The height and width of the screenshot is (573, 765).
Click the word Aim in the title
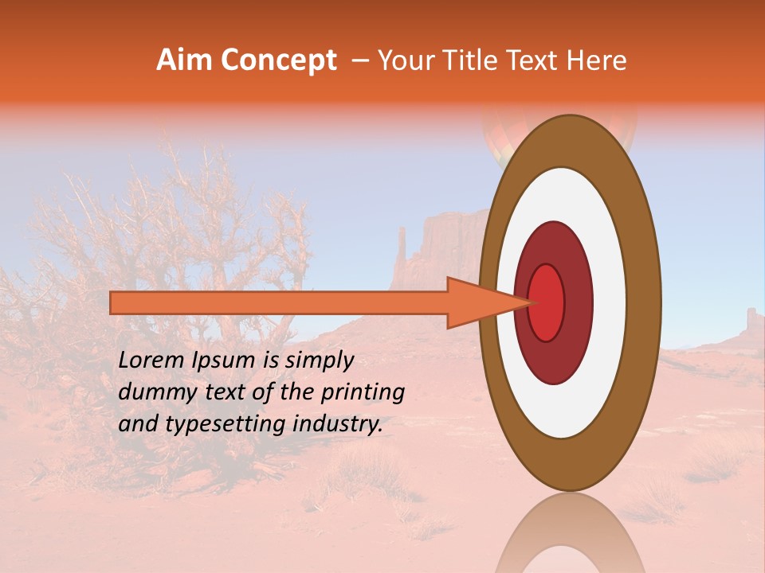point(186,60)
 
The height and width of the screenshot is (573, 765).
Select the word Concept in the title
point(279,61)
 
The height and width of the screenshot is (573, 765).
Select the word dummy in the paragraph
point(152,392)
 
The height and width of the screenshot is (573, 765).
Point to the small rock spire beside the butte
point(402,255)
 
